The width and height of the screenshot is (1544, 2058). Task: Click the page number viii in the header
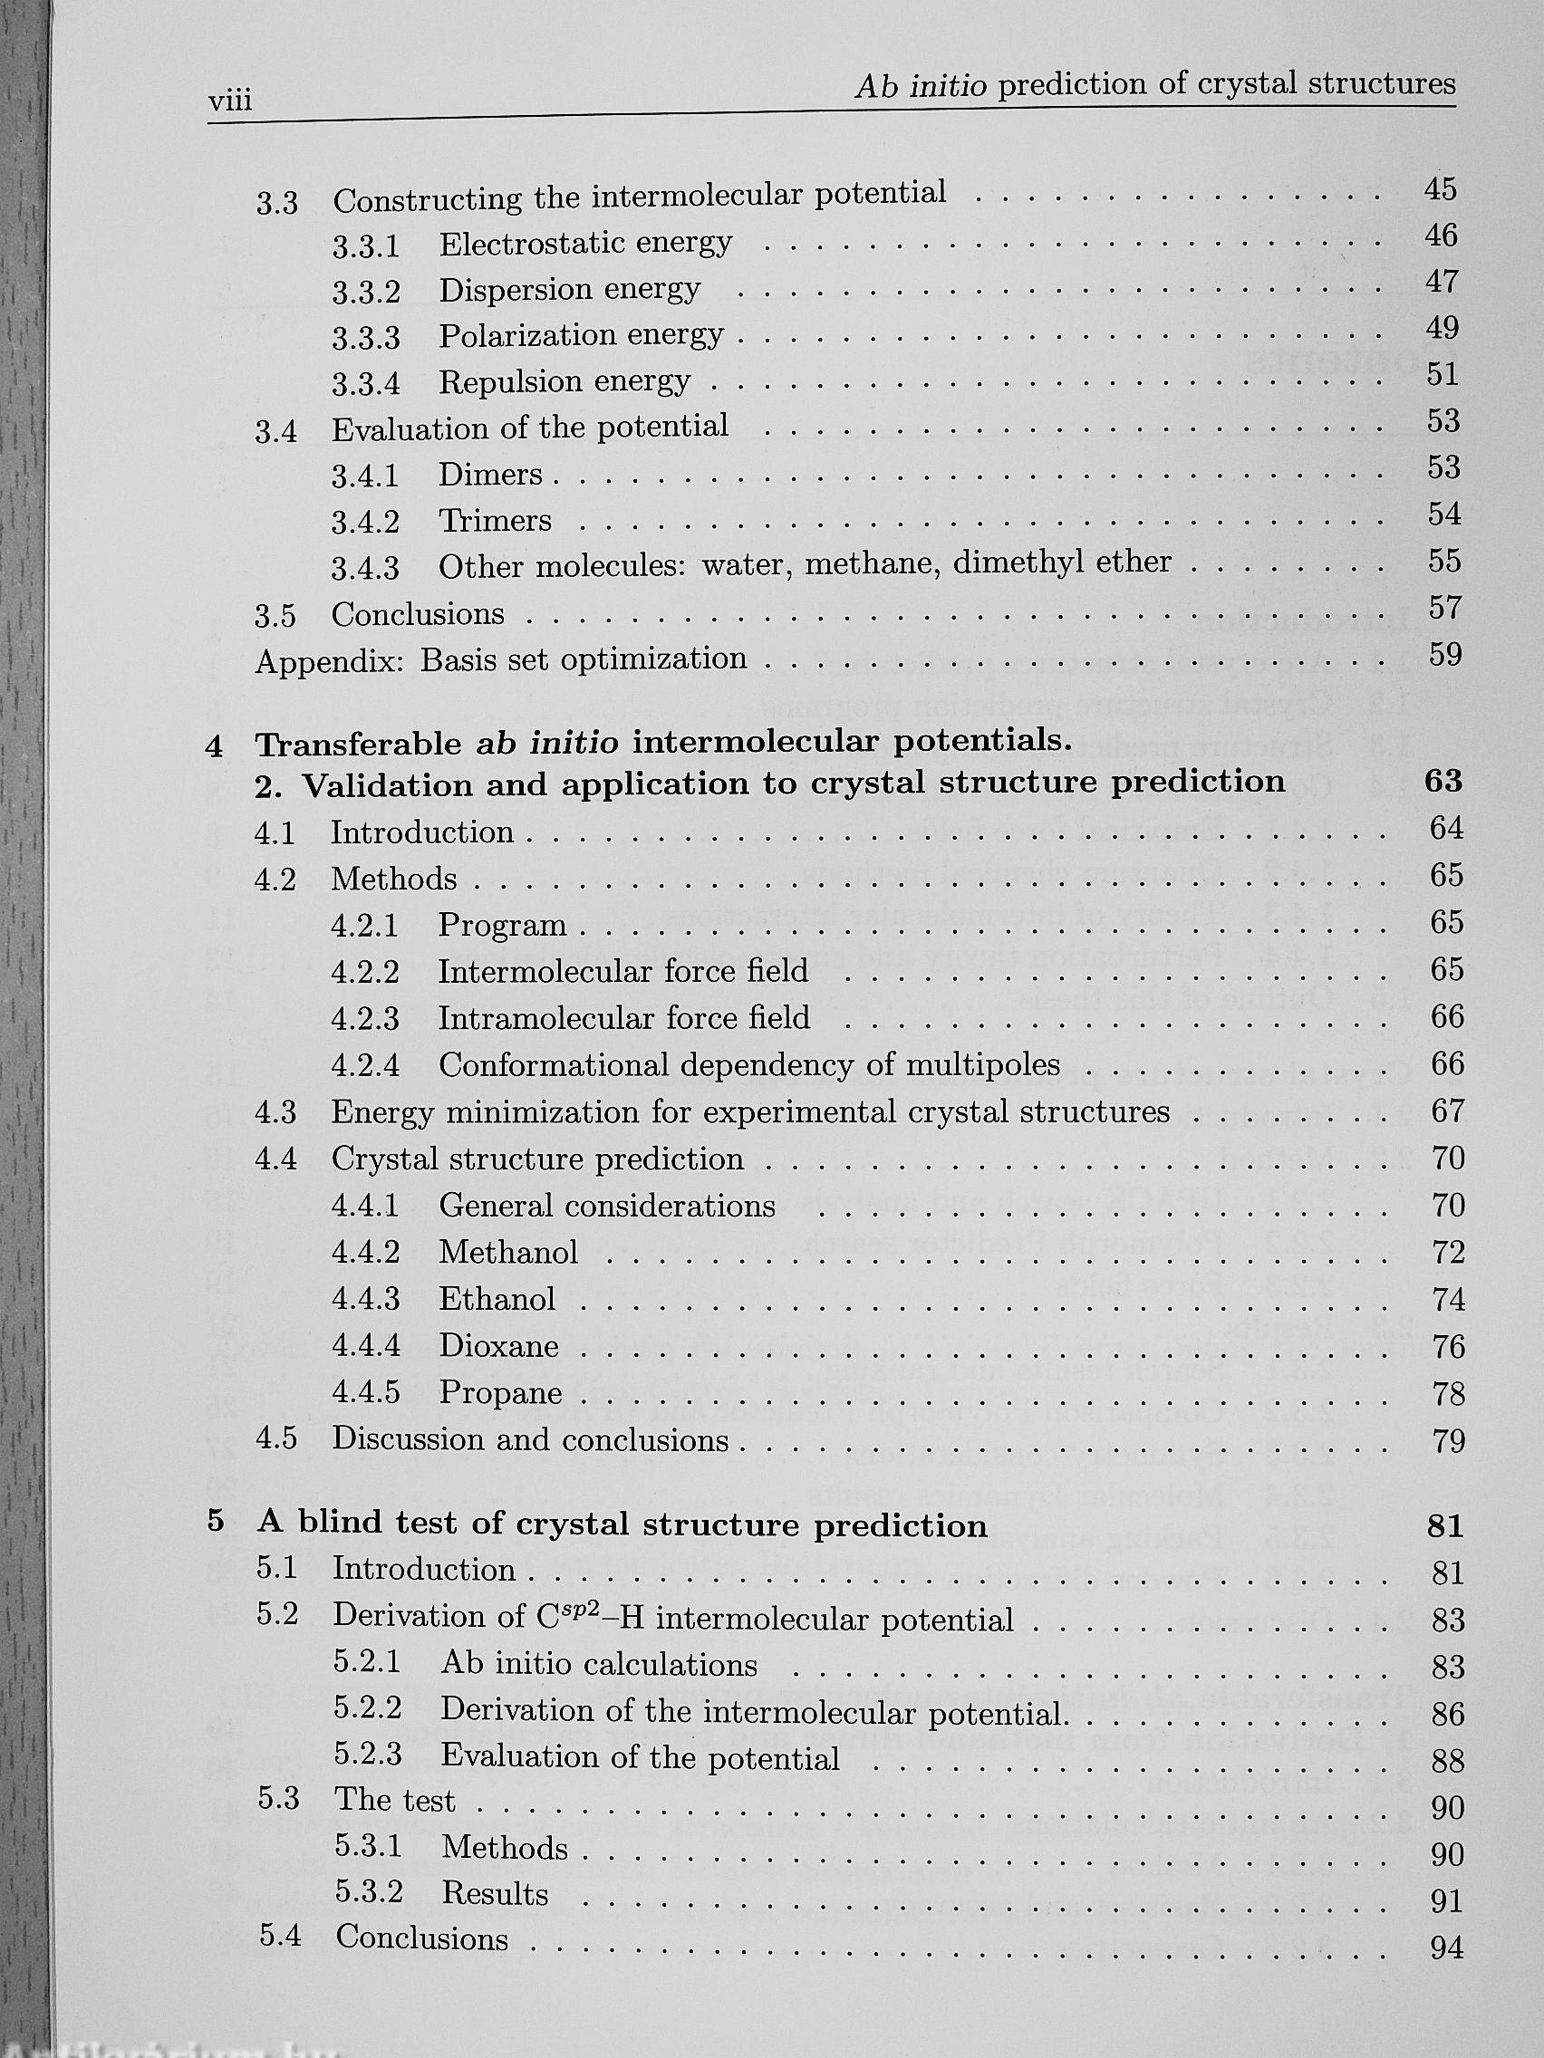click(230, 100)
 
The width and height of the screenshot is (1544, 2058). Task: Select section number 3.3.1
click(366, 246)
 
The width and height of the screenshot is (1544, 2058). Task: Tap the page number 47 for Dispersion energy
click(1441, 281)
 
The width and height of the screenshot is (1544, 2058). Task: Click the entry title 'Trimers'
click(495, 521)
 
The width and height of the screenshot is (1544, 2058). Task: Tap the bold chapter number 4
click(215, 746)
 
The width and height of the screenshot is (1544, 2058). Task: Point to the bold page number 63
click(1443, 782)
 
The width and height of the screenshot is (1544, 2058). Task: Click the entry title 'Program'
click(503, 925)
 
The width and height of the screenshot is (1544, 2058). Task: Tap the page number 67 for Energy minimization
click(1447, 1111)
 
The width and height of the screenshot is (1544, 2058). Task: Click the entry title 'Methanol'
click(508, 1253)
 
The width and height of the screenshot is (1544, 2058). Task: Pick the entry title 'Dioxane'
click(499, 1346)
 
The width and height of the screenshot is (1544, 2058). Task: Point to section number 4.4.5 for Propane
click(366, 1393)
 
